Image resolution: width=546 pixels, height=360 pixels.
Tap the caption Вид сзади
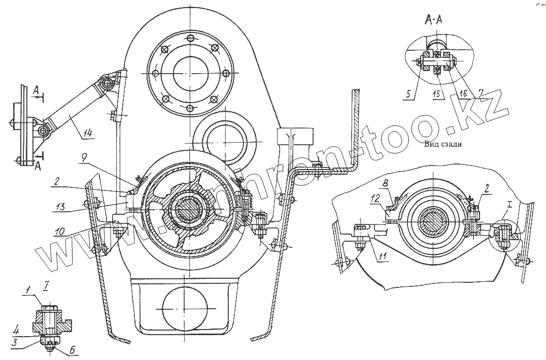pos(443,144)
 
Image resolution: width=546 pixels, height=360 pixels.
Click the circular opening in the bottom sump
pos(185,308)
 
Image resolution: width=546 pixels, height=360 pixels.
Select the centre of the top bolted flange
pos(189,72)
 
